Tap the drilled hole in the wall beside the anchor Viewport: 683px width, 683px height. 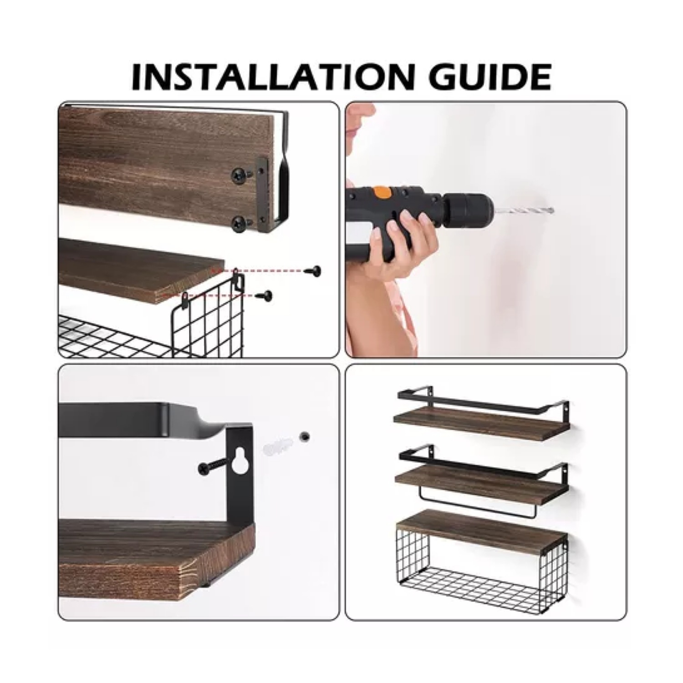(x=304, y=437)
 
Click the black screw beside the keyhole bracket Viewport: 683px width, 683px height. (x=213, y=466)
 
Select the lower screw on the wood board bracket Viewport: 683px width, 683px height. (x=240, y=224)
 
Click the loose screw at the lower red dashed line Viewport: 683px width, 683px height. (x=265, y=296)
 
